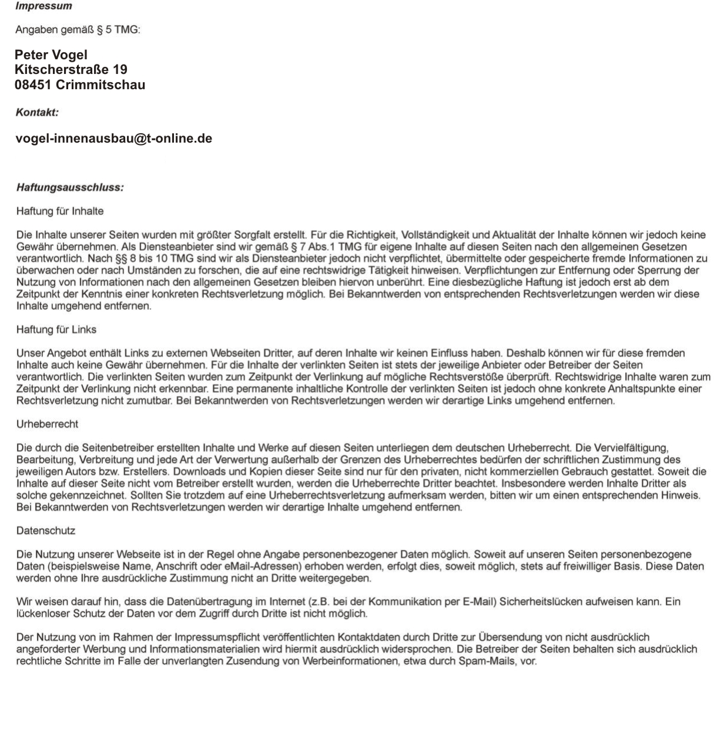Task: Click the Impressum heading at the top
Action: coord(44,6)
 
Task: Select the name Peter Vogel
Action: coord(51,55)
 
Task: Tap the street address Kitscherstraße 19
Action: coord(71,70)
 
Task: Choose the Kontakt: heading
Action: coord(37,112)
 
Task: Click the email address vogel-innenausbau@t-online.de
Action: coord(113,139)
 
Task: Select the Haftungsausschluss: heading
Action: coord(70,188)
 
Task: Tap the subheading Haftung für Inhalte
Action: coord(60,211)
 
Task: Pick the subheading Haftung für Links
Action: coord(56,329)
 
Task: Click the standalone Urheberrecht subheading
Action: coord(47,424)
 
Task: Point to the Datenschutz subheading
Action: coord(46,530)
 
